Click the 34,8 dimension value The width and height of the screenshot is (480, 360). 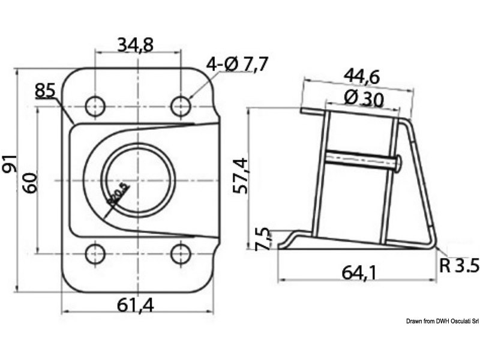point(136,45)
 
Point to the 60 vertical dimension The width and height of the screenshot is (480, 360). point(31,180)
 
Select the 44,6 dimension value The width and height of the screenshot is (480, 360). point(362,76)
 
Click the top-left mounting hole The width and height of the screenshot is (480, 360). point(94,106)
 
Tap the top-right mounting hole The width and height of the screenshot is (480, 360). point(181,106)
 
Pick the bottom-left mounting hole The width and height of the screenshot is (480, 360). point(94,254)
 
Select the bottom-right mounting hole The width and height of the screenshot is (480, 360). point(181,254)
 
